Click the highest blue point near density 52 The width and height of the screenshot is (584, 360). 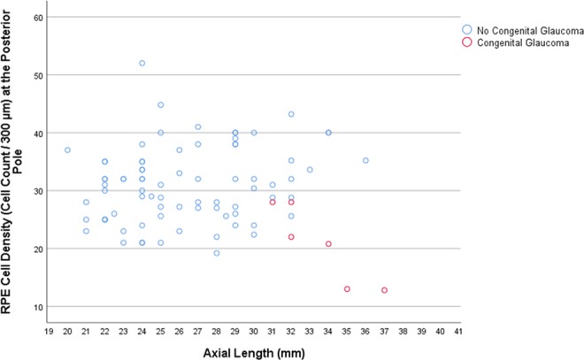point(142,64)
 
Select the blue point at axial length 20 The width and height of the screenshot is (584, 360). point(67,150)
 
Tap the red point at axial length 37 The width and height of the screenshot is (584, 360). point(384,290)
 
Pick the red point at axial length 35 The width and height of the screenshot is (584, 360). point(347,289)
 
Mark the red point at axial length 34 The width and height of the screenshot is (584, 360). point(328,244)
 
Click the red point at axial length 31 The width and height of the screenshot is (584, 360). point(273,203)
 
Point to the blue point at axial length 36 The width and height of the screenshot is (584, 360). point(365,161)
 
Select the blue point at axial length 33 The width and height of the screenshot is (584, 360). point(310,170)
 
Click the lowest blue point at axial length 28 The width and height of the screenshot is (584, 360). point(216,253)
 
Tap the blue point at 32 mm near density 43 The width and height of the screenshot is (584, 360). point(291,114)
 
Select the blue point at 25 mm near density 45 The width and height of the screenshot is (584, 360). point(160,105)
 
